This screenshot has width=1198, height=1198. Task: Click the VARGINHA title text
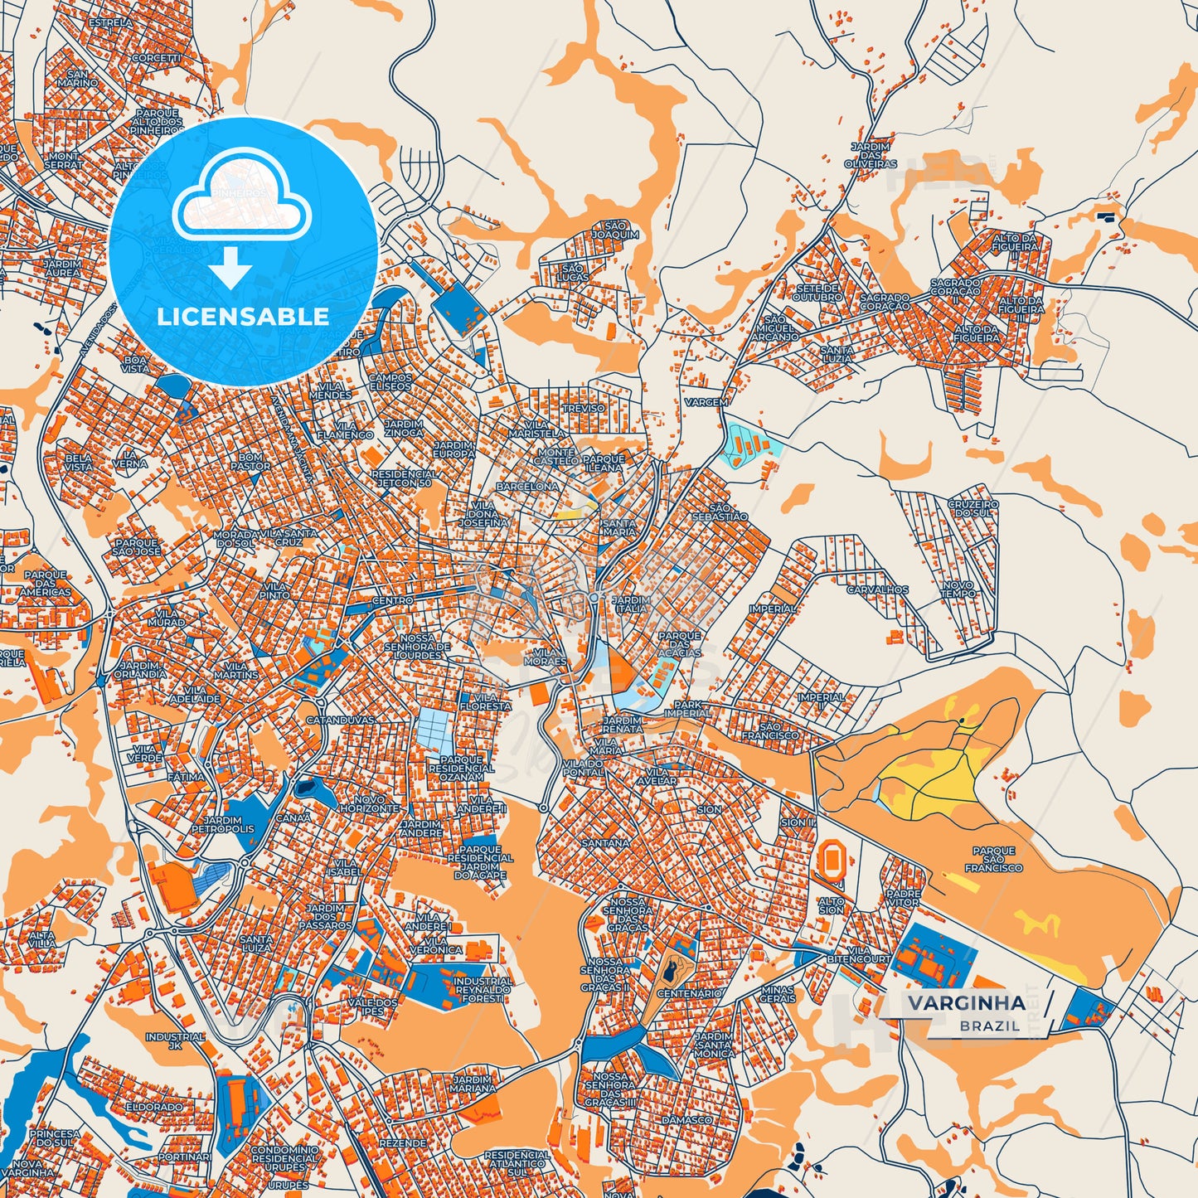pos(966,1003)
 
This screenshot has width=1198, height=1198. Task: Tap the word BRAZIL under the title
pos(990,1026)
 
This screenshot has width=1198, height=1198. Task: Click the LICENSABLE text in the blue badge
pos(243,317)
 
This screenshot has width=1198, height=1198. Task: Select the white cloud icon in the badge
pos(241,197)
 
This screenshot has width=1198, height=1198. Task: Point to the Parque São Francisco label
pos(993,859)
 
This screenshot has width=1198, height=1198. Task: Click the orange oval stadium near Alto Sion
pos(830,859)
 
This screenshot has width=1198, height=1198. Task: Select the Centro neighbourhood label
pos(392,600)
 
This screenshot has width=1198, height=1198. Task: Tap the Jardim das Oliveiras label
pos(870,155)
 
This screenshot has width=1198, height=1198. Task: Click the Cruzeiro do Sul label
pos(973,508)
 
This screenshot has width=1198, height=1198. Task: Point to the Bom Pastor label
pos(250,462)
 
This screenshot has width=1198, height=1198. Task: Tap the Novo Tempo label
pos(958,589)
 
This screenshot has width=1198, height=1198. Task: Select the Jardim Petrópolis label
pos(223,824)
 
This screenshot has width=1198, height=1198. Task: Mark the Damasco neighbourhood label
pos(686,1120)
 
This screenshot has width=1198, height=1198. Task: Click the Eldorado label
pos(153,1107)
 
